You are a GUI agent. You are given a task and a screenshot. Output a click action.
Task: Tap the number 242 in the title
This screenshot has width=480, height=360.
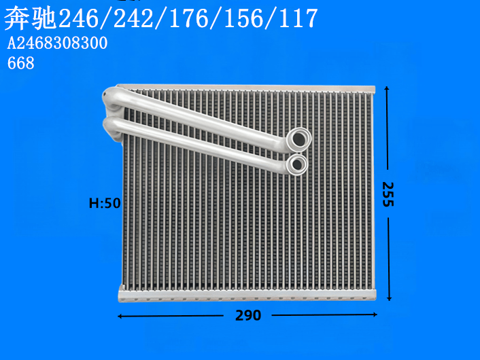tap(134, 18)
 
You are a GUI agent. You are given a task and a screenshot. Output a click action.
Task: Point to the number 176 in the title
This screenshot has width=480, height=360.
tap(189, 18)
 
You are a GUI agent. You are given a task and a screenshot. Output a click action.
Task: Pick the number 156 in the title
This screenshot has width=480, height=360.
tap(244, 18)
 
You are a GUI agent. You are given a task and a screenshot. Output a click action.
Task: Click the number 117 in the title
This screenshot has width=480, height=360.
tap(298, 18)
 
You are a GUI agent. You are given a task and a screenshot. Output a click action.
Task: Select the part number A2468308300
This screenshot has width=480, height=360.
tap(57, 43)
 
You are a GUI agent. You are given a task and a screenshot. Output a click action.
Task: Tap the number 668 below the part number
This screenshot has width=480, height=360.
tap(21, 63)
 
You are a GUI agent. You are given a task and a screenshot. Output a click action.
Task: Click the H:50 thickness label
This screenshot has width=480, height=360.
tap(105, 203)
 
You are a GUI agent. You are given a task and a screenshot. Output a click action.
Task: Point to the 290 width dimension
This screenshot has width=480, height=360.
tap(248, 315)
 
